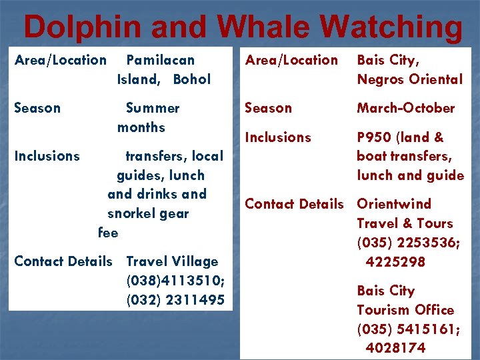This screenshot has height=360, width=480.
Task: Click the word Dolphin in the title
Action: tap(82, 28)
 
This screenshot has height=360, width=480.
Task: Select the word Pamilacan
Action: tap(160, 60)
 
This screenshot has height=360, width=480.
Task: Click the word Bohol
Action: tap(191, 79)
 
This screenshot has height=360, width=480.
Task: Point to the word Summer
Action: tap(153, 108)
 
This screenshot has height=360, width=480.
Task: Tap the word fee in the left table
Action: tap(108, 233)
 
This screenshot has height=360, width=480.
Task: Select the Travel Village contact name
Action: tap(172, 261)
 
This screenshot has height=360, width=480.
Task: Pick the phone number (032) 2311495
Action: tap(175, 300)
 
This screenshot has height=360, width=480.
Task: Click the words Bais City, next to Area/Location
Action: tap(388, 60)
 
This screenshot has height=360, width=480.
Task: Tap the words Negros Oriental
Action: tap(409, 79)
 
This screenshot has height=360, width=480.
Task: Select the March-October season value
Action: tap(405, 108)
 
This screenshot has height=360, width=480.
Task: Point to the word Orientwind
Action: tap(394, 204)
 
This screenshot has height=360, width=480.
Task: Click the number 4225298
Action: tap(395, 262)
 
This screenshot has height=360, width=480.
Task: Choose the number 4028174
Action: tap(395, 348)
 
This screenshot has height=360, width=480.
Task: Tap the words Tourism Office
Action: tap(405, 310)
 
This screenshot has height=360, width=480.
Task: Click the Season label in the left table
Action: tap(37, 108)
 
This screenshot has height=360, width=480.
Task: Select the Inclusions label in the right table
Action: tap(278, 137)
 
